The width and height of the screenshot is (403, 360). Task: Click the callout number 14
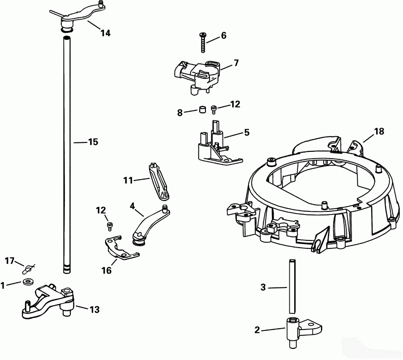point(105,33)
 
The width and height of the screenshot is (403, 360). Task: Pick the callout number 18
point(379,131)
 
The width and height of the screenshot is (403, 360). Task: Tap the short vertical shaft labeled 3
point(292,286)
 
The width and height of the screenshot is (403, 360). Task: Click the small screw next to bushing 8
point(214,108)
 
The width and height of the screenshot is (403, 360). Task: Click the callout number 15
point(93,142)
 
